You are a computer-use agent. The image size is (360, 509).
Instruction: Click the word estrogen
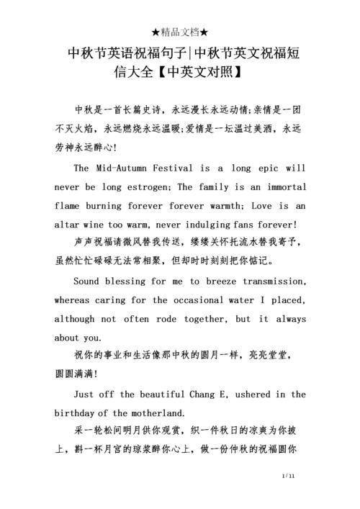[x=143, y=186]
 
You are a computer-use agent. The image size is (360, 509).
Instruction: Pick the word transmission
[x=269, y=281]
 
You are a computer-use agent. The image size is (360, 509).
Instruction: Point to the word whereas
[x=73, y=299]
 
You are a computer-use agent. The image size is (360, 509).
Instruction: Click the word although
[x=77, y=318]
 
